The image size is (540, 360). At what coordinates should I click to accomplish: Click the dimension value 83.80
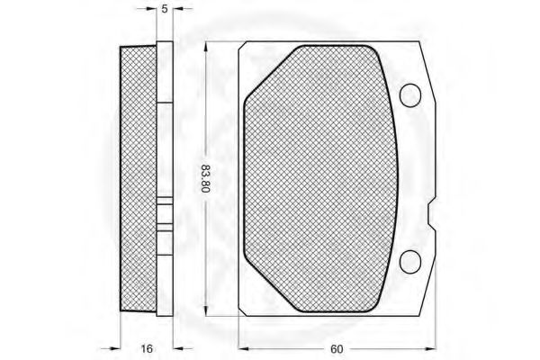(205, 178)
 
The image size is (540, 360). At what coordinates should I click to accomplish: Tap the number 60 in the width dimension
(337, 349)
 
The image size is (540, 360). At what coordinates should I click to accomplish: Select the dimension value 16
(147, 348)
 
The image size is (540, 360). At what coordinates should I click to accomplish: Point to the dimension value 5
(165, 9)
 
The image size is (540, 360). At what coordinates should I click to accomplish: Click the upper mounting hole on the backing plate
(410, 95)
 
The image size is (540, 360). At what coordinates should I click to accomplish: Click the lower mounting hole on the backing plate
(410, 262)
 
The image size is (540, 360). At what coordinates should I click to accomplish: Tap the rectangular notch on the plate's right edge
(431, 214)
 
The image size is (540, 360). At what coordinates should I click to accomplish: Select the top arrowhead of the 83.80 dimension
(205, 47)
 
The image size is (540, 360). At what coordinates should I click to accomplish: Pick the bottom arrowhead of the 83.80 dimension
(205, 311)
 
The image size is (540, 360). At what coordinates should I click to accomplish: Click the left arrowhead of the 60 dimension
(244, 349)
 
